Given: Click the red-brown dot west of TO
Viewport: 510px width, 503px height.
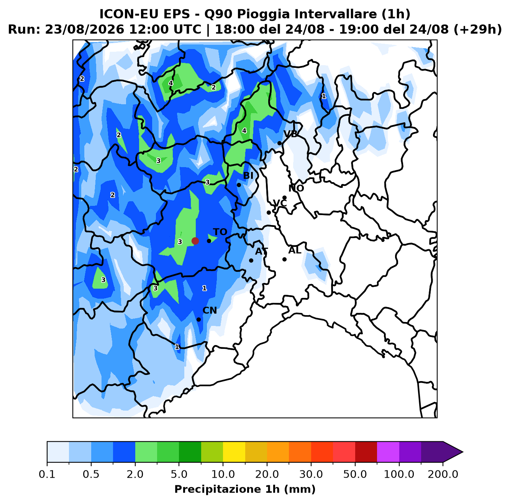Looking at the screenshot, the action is click(195, 241).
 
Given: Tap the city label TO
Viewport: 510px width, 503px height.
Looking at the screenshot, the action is click(220, 232).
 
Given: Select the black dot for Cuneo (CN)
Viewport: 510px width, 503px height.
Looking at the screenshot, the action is click(199, 319).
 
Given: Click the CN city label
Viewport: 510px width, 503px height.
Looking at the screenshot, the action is click(210, 310).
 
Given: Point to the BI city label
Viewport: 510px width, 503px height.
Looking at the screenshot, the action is click(248, 176).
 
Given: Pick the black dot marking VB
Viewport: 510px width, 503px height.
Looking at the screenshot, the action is click(279, 143).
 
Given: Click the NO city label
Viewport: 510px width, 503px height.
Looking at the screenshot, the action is click(296, 188).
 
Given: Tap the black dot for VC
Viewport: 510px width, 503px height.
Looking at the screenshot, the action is click(269, 212).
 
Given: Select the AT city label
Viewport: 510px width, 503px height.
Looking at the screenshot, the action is click(261, 251).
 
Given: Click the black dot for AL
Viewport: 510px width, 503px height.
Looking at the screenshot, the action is click(285, 259).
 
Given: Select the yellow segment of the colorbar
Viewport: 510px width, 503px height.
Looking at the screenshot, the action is click(234, 452).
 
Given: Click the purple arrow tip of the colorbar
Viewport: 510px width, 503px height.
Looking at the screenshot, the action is click(462, 452).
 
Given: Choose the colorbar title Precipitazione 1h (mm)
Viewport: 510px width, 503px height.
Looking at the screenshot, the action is click(245, 489).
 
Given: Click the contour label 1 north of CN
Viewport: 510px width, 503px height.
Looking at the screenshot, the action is click(204, 288).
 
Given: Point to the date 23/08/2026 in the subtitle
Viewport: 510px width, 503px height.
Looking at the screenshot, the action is click(84, 30).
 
